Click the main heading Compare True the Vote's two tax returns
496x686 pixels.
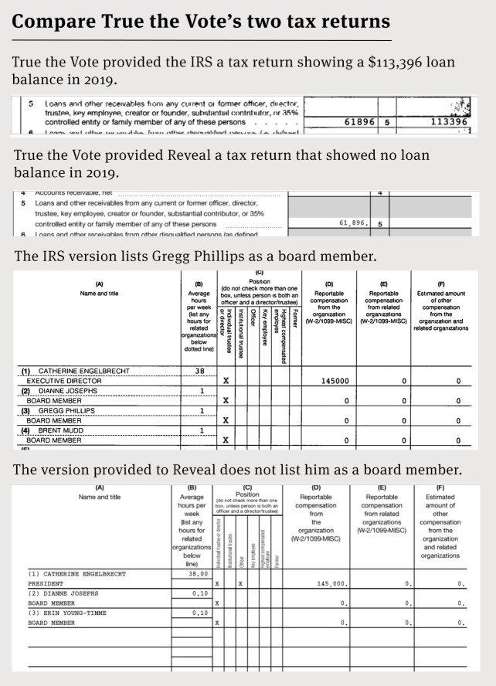pyautogui.click(x=201, y=20)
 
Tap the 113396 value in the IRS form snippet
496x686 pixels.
pyautogui.click(x=448, y=122)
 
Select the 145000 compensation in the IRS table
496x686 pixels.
pyautogui.click(x=335, y=381)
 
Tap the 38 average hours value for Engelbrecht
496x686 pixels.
pyautogui.click(x=199, y=371)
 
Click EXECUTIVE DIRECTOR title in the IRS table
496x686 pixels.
pyautogui.click(x=64, y=381)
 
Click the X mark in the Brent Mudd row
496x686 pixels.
pyautogui.click(x=226, y=440)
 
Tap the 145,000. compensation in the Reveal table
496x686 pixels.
pyautogui.click(x=335, y=584)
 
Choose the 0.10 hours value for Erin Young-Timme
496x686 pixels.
pyautogui.click(x=199, y=613)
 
